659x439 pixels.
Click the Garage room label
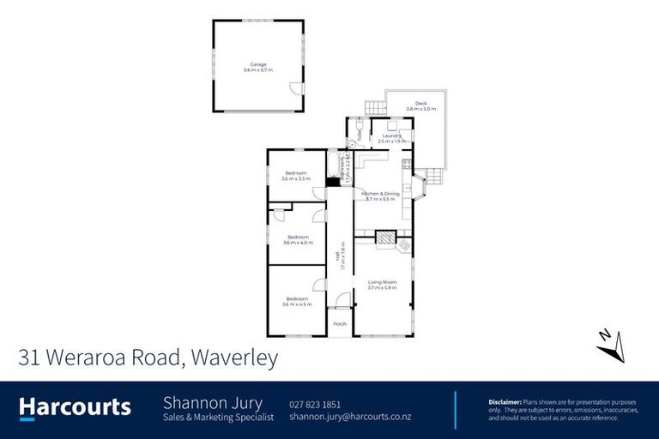pyautogui.click(x=257, y=67)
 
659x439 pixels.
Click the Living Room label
pyautogui.click(x=382, y=284)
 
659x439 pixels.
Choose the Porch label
pyautogui.click(x=340, y=323)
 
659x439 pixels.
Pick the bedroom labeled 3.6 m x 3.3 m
pyautogui.click(x=296, y=176)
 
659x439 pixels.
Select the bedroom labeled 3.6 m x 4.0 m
pyautogui.click(x=298, y=239)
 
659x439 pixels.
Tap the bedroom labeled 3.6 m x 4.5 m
pyautogui.click(x=297, y=301)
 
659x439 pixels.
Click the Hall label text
pyautogui.click(x=342, y=255)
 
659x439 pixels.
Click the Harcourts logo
pyautogui.click(x=76, y=407)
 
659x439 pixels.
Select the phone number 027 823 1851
pyautogui.click(x=315, y=403)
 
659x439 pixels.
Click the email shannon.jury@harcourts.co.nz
pyautogui.click(x=350, y=417)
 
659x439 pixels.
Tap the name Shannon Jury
pyautogui.click(x=213, y=403)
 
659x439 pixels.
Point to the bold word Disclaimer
pyautogui.click(x=505, y=401)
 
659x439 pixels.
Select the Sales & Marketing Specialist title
pyautogui.click(x=218, y=418)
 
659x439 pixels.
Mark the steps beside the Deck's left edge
pyautogui.click(x=373, y=108)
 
